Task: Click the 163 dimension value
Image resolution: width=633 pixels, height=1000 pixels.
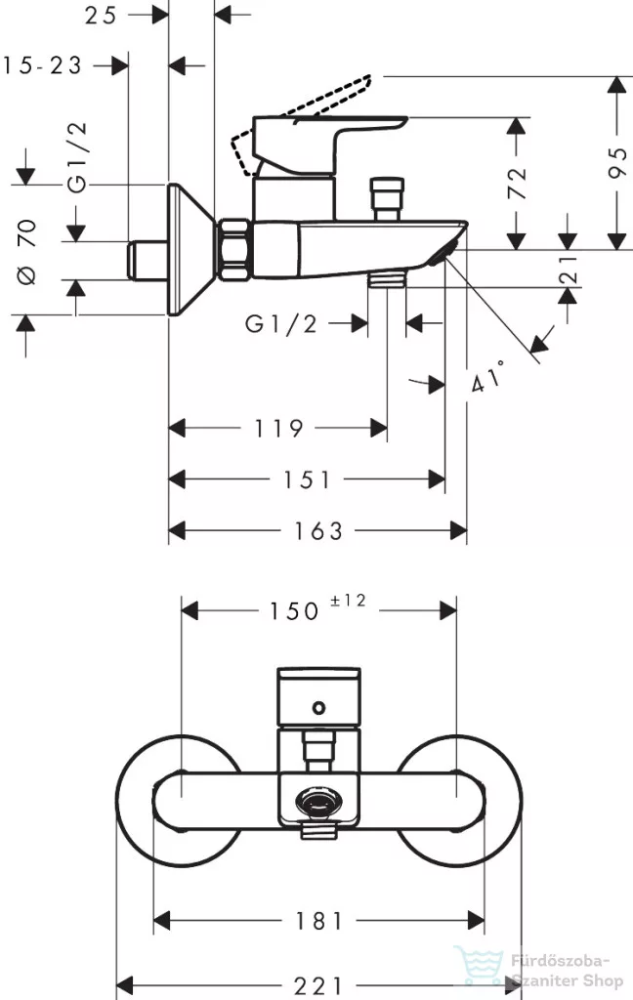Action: pos(317,530)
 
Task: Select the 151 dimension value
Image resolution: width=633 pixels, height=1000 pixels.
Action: pos(307,479)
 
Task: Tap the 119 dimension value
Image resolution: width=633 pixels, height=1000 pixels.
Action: pos(278,428)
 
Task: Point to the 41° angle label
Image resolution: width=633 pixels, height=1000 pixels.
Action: pos(488,376)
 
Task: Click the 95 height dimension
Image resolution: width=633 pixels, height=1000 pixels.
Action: pos(617,163)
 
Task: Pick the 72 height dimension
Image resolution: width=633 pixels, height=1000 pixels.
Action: pos(517,183)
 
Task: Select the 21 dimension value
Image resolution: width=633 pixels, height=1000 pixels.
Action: pos(568,270)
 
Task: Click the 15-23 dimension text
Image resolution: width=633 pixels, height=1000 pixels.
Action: pos(43,65)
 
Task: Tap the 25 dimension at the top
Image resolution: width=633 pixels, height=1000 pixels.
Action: pos(101,15)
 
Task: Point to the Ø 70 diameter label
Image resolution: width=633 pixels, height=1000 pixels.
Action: pos(26,251)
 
